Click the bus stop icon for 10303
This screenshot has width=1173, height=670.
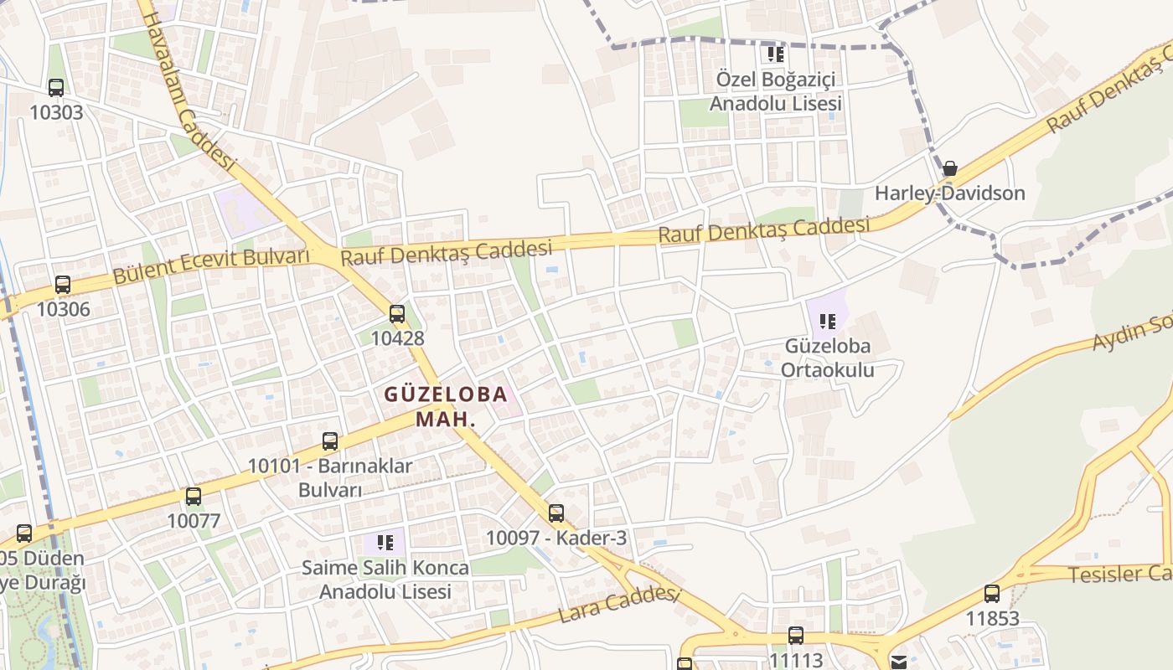coord(56,87)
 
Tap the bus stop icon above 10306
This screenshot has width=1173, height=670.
coord(63,285)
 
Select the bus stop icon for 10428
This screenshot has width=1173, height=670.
coord(397,314)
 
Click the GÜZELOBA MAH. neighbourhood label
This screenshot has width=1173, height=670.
coord(446,406)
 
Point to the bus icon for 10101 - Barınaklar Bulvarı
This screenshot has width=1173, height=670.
coord(330,441)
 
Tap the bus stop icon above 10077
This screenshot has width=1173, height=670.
coord(194,497)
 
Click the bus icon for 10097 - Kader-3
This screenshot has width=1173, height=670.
coord(556,513)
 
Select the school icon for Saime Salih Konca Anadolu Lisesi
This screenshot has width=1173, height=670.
coord(385,543)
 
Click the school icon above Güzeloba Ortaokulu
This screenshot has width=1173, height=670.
coord(828,321)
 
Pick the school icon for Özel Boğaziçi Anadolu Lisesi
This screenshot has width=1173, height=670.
coord(776,55)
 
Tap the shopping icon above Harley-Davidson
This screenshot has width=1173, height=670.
coord(950,169)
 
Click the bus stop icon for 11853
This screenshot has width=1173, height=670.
coord(992,595)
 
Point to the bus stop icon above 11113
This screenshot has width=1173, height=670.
coord(796,636)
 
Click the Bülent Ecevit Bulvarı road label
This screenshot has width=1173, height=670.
coord(211,265)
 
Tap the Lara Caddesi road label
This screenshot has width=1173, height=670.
coord(618,604)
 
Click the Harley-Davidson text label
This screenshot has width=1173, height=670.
coord(950,193)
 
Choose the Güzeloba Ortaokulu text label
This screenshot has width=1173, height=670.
coord(828,358)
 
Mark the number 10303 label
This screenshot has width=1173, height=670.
coord(56,112)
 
